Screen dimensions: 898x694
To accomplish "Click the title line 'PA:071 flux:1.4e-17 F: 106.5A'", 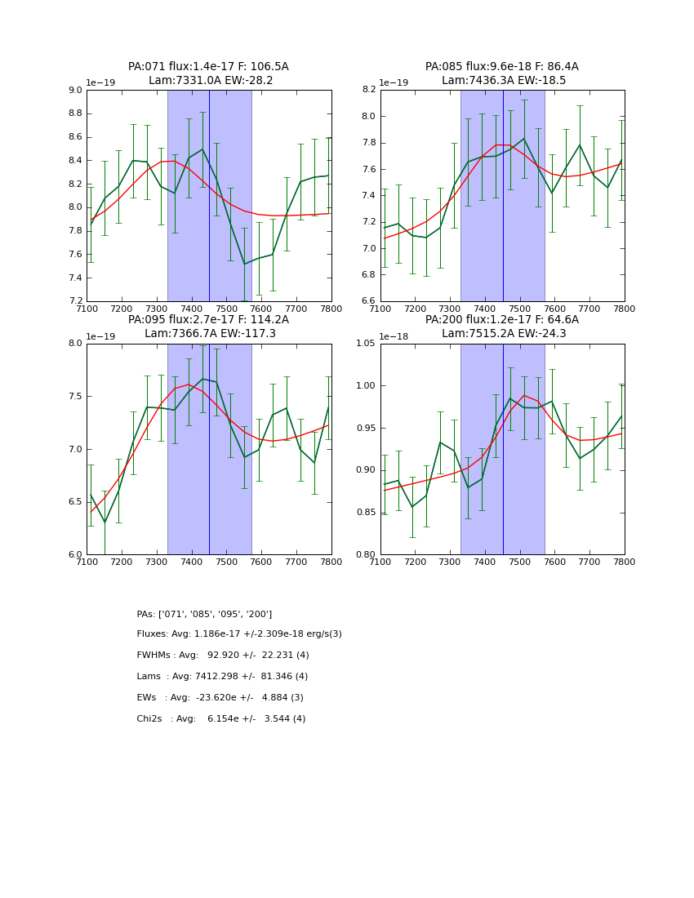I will pos(208,67).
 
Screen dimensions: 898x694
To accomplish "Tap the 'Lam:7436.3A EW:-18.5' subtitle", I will pos(503,81).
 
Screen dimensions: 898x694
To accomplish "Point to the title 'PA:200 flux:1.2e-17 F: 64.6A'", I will pos(501,320).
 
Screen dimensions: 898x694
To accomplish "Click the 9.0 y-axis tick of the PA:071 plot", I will pos(76,91).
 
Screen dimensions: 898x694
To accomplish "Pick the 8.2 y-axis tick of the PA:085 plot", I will pos(369,91).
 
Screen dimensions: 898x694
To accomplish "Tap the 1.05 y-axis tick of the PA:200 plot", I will pos(366,344).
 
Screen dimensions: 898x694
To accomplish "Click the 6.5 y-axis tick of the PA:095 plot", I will pos(76,502).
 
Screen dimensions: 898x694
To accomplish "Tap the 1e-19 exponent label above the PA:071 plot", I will pos(100,83).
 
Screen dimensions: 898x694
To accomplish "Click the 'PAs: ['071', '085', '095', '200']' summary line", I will pos(204,614).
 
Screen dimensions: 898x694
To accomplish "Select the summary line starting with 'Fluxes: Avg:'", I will pos(239,634).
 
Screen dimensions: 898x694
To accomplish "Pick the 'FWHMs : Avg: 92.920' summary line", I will pos(223,656).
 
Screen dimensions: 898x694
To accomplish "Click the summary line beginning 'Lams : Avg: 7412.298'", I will pos(222,677).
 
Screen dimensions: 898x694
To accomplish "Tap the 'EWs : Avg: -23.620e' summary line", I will pos(220,698).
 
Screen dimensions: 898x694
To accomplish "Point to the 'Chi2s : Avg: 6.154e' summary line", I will pos(220,719).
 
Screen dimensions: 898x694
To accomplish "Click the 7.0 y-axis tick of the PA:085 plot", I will pos(369,249).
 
